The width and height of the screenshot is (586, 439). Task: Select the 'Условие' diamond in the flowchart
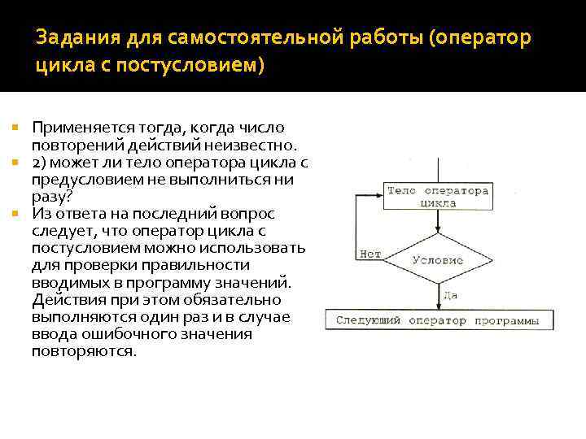pos(437,261)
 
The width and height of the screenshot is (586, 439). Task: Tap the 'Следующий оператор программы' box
pos(437,320)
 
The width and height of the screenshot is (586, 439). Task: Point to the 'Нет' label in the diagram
pos(369,254)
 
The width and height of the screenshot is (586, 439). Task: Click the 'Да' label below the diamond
pos(449,294)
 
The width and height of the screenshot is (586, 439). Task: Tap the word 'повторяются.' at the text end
pos(84,351)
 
